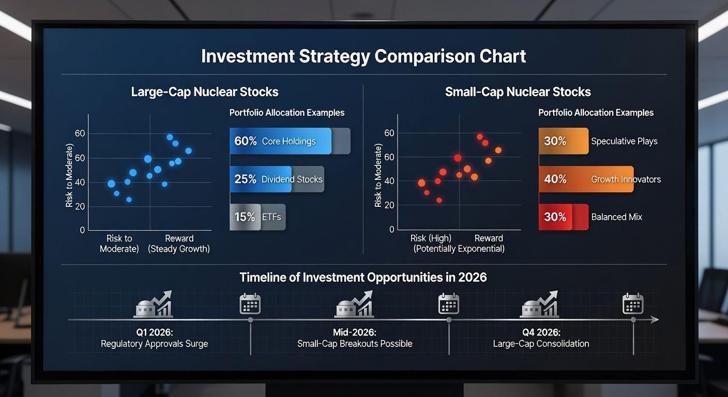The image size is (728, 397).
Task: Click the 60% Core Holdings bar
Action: coord(290,141)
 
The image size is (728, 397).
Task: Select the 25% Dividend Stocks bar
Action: coord(277,179)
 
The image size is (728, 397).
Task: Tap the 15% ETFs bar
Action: coord(257,217)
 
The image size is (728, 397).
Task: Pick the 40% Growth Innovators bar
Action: coord(586,179)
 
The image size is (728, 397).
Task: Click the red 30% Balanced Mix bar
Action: coord(564,217)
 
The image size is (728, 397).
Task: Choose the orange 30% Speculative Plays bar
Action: coord(564,141)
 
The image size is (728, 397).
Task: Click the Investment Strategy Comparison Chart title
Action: coord(363,56)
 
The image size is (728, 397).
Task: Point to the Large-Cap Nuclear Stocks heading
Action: coord(205,92)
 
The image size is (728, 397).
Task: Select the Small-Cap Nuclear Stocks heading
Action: coord(518,92)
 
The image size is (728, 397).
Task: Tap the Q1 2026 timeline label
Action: coord(155,332)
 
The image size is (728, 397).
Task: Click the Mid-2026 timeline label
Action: coord(355,332)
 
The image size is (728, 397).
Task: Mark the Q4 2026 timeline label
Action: coord(541,332)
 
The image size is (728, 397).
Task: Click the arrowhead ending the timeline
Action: coord(655,320)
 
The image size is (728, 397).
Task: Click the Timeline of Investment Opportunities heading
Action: coord(363,278)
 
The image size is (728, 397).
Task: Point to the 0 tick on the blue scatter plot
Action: coord(82,230)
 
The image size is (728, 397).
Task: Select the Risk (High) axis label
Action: coord(431,238)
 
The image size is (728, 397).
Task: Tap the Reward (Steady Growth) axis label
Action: coord(179,243)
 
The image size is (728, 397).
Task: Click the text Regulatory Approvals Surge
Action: coord(155,344)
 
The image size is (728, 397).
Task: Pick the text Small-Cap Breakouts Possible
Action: coord(355,344)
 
